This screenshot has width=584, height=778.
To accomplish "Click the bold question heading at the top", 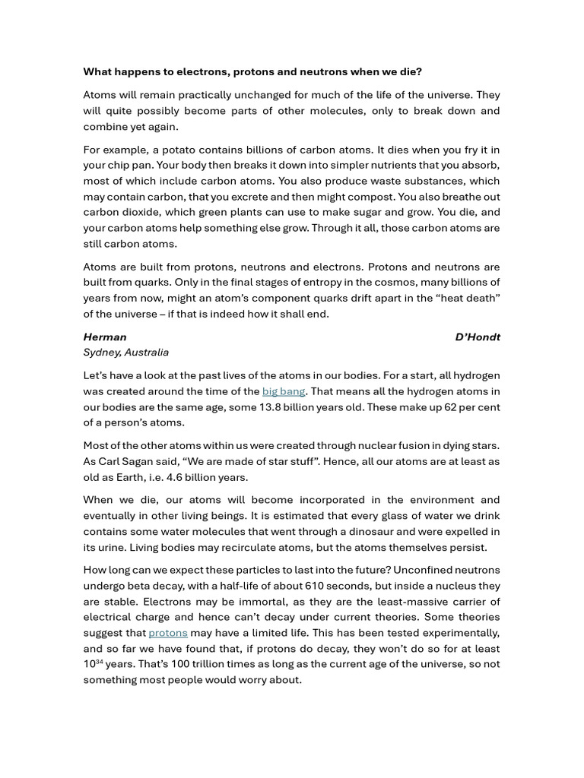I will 252,71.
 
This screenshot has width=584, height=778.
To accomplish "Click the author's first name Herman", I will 105,337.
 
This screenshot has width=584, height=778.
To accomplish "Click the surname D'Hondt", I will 477,337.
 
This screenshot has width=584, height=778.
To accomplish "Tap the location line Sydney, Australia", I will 126,353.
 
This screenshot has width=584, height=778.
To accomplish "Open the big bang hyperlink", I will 283,391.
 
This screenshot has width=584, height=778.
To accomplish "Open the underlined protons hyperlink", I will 167,633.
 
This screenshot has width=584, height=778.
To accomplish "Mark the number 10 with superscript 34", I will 93,664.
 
